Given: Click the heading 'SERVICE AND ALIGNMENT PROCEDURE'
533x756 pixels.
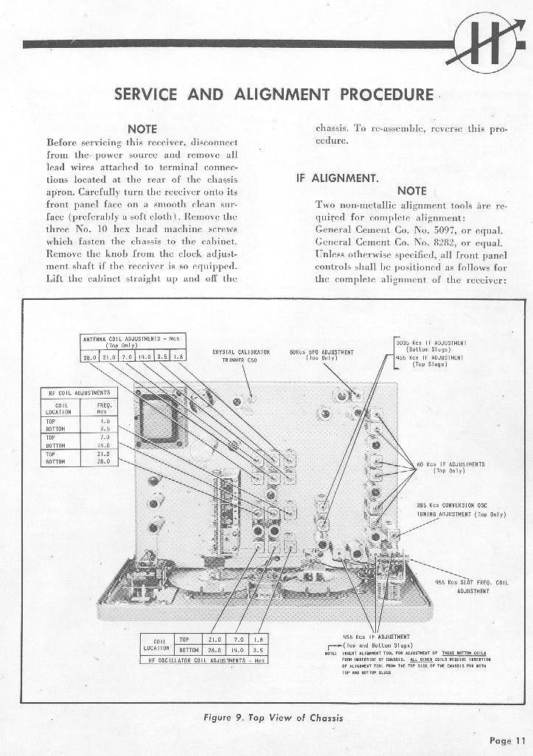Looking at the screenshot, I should [x=274, y=94].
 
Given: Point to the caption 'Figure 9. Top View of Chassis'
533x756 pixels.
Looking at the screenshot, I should [x=273, y=718].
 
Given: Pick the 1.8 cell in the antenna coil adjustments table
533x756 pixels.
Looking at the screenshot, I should [x=180, y=357].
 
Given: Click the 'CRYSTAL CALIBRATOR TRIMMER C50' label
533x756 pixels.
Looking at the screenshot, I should [x=240, y=356].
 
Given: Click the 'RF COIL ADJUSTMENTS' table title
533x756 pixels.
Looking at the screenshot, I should [x=79, y=393].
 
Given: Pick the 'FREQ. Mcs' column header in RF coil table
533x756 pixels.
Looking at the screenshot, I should [x=103, y=408].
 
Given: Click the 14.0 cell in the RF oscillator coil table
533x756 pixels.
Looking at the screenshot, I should [x=237, y=651].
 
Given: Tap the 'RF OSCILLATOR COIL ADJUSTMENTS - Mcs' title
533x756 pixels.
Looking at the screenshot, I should [x=203, y=660].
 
